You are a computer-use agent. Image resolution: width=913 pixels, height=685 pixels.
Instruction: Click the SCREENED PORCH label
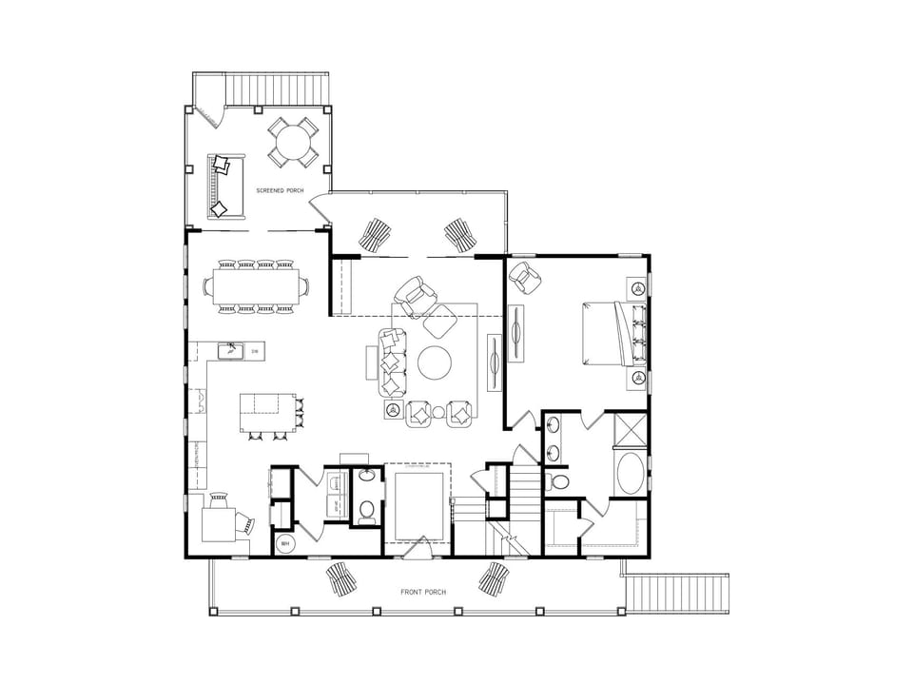point(280,191)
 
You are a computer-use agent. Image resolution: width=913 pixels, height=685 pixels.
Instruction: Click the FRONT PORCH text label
point(423,592)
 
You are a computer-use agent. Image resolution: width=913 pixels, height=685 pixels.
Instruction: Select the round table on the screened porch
point(292,142)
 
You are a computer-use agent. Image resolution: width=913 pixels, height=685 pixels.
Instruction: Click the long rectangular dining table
point(255,284)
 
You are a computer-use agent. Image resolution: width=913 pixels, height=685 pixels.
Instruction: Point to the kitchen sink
point(230,352)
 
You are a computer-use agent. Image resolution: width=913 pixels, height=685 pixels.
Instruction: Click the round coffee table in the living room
point(437,362)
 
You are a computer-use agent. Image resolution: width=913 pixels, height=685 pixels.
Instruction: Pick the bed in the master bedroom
point(609,333)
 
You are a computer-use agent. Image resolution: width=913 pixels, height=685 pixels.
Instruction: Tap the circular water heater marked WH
point(284,544)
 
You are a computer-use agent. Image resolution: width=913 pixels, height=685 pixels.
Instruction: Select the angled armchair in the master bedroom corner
point(525,277)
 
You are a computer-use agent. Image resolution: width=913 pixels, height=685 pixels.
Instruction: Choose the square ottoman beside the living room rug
point(440,324)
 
